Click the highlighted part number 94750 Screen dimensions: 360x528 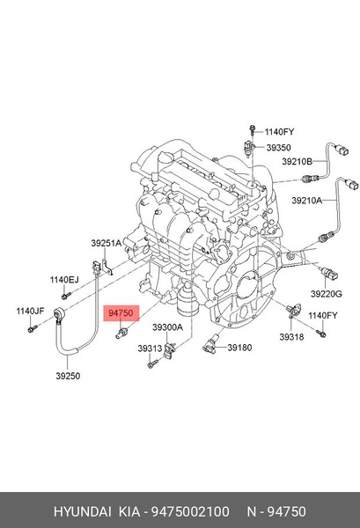(x=121, y=313)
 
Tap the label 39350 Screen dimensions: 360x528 (x=278, y=148)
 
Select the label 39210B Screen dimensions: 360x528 (x=297, y=162)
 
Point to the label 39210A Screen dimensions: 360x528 (x=307, y=201)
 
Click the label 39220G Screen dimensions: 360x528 (x=326, y=294)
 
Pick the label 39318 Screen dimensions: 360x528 (x=291, y=337)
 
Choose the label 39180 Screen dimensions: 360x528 (x=239, y=348)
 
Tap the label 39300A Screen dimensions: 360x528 (x=168, y=327)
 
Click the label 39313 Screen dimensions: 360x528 (x=150, y=348)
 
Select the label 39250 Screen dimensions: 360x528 (x=68, y=376)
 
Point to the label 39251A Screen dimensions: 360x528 (x=107, y=243)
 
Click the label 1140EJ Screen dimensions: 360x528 (x=64, y=280)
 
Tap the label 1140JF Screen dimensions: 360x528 (x=30, y=312)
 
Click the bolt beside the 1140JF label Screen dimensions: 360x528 (x=32, y=328)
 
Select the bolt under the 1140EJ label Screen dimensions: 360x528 (x=66, y=296)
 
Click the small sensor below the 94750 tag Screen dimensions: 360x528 (x=121, y=333)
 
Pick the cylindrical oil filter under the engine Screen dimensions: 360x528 (x=186, y=300)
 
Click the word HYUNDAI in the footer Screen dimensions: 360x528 (x=83, y=511)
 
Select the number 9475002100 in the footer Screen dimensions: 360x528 (x=190, y=511)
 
